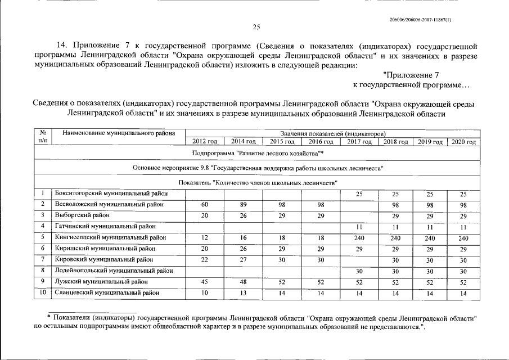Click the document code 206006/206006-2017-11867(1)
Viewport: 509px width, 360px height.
(420, 20)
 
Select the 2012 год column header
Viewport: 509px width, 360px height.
(205, 142)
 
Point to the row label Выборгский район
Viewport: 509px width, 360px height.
(79, 215)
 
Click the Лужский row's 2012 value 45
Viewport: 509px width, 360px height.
(205, 282)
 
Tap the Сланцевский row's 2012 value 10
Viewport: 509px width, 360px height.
(205, 293)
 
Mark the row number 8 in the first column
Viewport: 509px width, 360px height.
(43, 271)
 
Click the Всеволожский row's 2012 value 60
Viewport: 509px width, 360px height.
(205, 205)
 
